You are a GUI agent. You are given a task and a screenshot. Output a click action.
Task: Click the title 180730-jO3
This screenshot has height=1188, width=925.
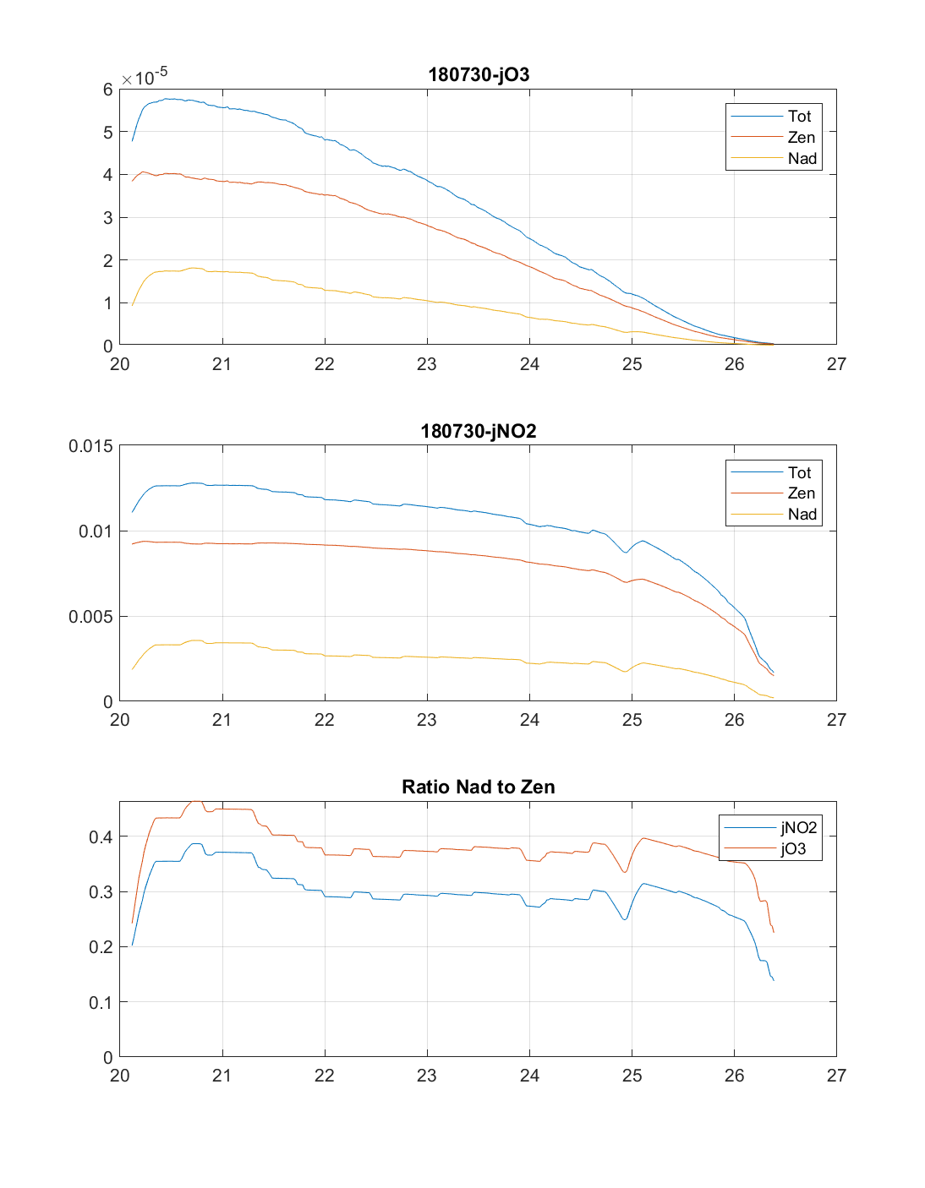click(479, 74)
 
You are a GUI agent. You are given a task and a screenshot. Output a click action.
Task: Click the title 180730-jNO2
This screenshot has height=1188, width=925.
click(479, 431)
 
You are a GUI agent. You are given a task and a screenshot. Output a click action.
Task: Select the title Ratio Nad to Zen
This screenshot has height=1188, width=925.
click(479, 787)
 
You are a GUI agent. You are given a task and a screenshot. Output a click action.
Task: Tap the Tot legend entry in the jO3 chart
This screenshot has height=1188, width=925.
click(799, 117)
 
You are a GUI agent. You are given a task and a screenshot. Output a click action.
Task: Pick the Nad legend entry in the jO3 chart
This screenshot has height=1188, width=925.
click(802, 158)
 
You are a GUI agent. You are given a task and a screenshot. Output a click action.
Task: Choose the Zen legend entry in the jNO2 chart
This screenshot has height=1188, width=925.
click(801, 493)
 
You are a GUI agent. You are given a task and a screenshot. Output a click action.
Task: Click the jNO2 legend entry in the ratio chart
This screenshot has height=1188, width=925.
click(798, 828)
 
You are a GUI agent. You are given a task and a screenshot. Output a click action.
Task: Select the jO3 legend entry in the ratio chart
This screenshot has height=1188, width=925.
click(793, 849)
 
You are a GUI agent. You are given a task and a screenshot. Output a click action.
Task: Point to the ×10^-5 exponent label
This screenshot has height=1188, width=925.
click(145, 78)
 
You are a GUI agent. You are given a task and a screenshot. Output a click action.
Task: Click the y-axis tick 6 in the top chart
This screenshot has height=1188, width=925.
click(108, 90)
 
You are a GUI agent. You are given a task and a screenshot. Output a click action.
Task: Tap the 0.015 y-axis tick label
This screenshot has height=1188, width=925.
click(90, 446)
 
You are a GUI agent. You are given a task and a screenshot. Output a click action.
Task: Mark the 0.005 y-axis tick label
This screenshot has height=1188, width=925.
click(90, 617)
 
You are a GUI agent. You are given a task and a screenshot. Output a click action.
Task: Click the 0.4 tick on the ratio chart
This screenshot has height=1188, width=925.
click(101, 837)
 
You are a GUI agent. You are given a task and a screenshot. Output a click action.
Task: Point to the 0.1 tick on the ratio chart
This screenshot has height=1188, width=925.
click(101, 1002)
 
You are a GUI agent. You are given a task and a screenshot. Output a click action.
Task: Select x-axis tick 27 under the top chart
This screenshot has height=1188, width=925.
click(836, 364)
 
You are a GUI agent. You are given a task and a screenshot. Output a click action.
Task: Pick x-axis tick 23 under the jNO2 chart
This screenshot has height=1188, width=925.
click(427, 720)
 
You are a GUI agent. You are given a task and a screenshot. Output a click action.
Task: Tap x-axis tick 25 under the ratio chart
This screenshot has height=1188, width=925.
click(632, 1076)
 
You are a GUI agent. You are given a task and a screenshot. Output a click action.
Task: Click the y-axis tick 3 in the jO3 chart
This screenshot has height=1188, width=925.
click(108, 218)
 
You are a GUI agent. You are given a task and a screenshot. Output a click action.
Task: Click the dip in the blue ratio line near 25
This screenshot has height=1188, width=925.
click(626, 919)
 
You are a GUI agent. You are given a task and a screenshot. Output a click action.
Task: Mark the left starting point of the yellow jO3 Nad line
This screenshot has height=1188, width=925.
click(133, 305)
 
